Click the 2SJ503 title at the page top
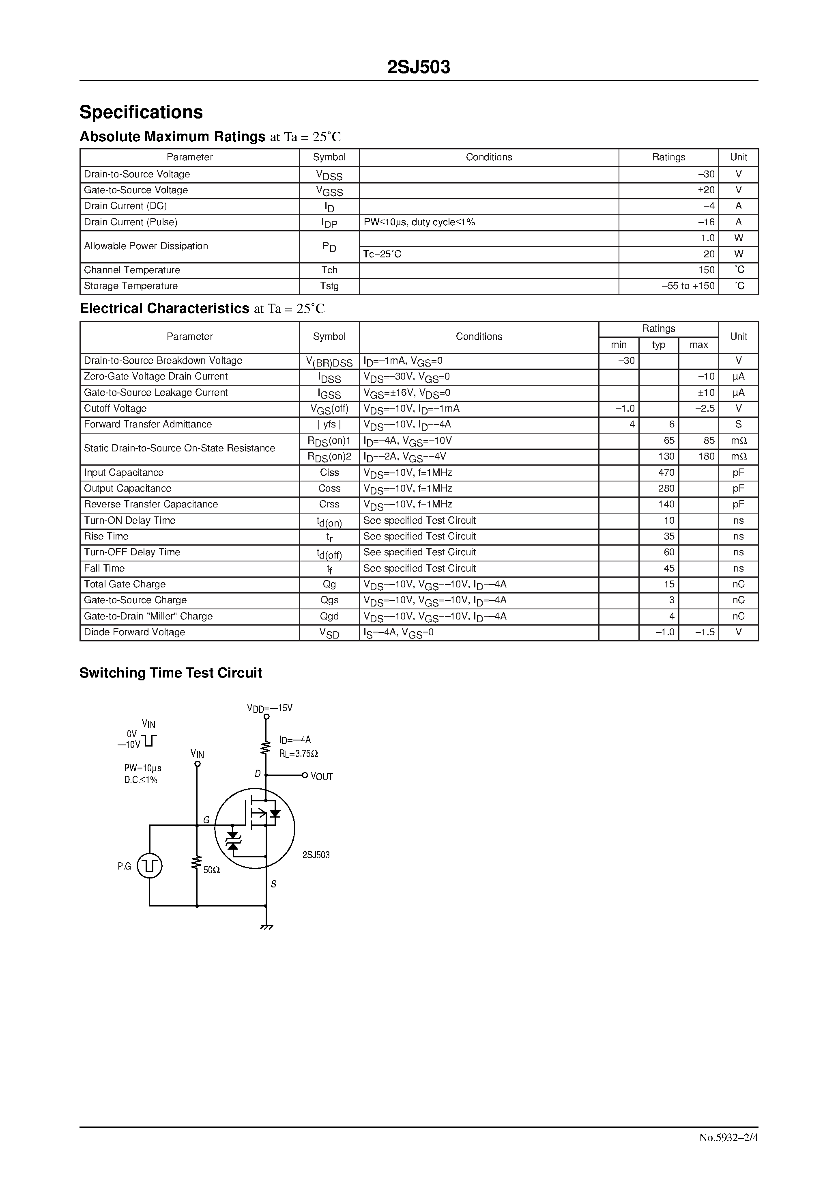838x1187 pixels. click(x=419, y=67)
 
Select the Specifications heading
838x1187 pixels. click(x=141, y=112)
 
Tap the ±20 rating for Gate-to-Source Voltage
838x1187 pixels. click(x=706, y=190)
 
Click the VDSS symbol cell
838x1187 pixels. click(x=329, y=175)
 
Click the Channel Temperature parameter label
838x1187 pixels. click(x=132, y=270)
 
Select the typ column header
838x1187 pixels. click(x=658, y=345)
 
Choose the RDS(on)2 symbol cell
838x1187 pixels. click(x=329, y=457)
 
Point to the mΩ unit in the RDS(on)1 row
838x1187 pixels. click(x=738, y=440)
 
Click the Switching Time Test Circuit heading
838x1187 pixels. click(x=170, y=673)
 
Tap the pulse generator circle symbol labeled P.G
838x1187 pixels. click(x=150, y=865)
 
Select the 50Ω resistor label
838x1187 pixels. click(x=212, y=870)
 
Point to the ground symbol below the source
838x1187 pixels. click(x=266, y=926)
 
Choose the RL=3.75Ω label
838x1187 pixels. click(x=299, y=754)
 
